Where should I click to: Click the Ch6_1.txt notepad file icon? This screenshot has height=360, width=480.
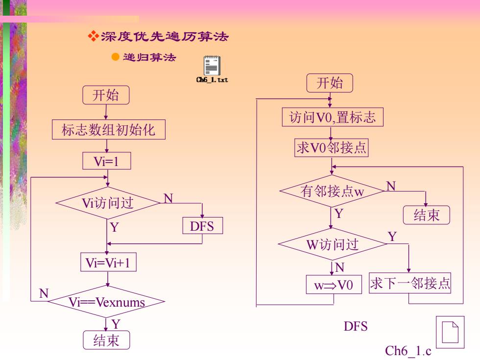pos(212,65)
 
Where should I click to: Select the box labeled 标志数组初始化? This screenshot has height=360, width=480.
pos(109,130)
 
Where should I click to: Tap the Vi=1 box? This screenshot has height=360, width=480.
pos(107,161)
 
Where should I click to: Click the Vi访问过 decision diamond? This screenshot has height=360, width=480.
pos(108,203)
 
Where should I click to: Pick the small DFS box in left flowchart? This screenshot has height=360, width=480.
pos(202,226)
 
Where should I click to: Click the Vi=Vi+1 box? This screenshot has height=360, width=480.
pos(108,263)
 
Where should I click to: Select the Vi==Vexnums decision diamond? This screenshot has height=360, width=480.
pos(107,302)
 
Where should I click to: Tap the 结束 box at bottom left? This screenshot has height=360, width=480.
pos(106,340)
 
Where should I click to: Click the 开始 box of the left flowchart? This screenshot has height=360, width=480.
pos(106,95)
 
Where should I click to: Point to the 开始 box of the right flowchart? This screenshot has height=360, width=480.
pos(330,83)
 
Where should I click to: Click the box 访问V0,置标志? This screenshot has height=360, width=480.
pos(333,117)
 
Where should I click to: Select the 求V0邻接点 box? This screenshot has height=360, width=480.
pos(331,148)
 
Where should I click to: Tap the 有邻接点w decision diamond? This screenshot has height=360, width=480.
pos(332,191)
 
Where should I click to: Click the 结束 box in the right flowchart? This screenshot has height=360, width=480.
pos(427,215)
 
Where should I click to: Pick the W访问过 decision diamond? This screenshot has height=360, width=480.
pos(333,244)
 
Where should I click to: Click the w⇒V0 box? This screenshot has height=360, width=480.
pos(334,285)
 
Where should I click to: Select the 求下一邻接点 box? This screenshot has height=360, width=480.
pos(410,283)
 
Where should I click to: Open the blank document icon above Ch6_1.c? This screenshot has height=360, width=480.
pos(450,333)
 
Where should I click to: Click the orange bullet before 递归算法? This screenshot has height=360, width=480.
pos(116,57)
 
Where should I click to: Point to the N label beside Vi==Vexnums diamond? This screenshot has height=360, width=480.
pos(44,293)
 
